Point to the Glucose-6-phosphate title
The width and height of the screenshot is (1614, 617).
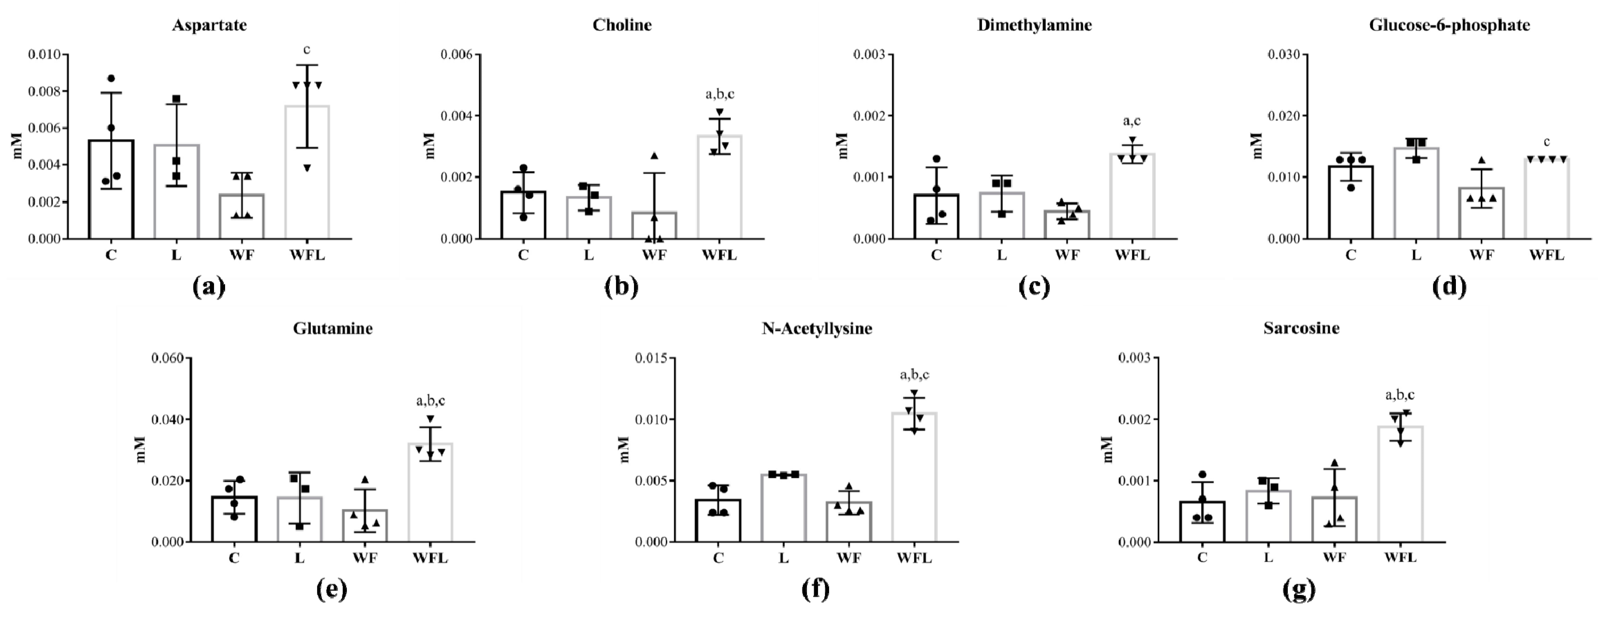[1449, 25]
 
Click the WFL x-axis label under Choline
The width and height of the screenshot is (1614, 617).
[719, 255]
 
